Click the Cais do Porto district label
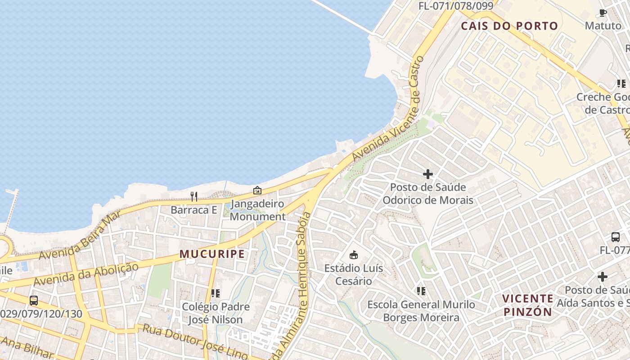click(x=509, y=26)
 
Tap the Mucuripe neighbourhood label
click(x=212, y=254)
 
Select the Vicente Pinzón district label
click(x=527, y=305)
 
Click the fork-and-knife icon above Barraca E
click(x=194, y=196)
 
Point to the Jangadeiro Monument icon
click(x=257, y=190)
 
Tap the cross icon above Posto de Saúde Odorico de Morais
click(x=428, y=174)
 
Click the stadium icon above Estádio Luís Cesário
click(x=354, y=255)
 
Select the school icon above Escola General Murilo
click(x=421, y=291)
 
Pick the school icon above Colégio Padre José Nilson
click(x=216, y=293)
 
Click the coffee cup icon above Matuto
click(x=603, y=13)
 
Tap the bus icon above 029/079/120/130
click(x=34, y=300)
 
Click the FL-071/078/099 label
click(x=456, y=6)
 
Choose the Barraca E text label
click(x=193, y=210)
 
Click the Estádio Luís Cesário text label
click(x=354, y=274)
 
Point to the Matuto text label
click(x=603, y=26)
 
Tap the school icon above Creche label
click(x=621, y=84)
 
